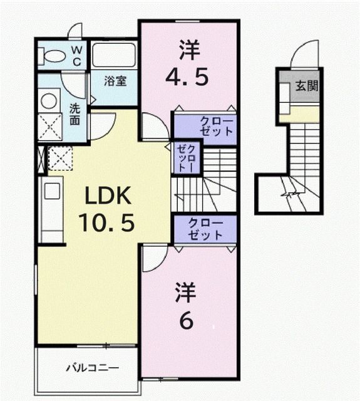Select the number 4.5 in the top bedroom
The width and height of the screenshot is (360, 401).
[187, 76]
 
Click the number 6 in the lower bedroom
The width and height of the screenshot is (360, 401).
[187, 320]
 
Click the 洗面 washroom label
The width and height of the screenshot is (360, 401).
[75, 113]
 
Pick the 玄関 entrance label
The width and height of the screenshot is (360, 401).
[307, 85]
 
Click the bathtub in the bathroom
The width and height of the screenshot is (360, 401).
[113, 56]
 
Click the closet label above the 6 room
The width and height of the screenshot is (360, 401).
[205, 229]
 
